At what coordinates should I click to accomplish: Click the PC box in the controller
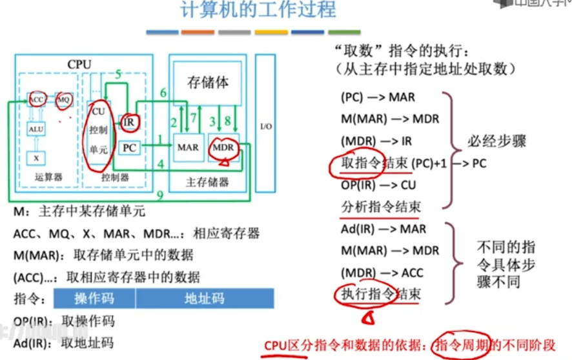(x=129, y=148)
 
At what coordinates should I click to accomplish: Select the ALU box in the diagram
(x=37, y=130)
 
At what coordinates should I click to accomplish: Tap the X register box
(x=36, y=157)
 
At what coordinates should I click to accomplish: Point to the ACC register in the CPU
(x=36, y=100)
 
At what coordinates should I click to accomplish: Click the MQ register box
(x=63, y=101)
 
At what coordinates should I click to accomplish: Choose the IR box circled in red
(x=127, y=121)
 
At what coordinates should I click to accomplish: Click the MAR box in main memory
(x=188, y=148)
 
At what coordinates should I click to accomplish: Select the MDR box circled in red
(x=223, y=148)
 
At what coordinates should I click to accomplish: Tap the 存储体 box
(x=208, y=83)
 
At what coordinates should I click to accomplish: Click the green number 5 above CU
(x=118, y=75)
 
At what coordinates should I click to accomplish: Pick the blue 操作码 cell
(x=94, y=298)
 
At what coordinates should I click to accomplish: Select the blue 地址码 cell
(x=204, y=298)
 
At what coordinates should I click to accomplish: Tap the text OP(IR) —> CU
(x=378, y=185)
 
